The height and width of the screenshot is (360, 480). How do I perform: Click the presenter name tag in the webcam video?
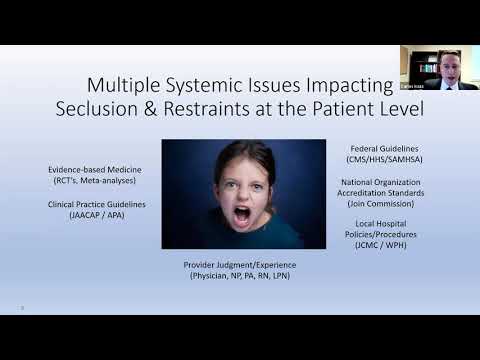pos(413,87)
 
